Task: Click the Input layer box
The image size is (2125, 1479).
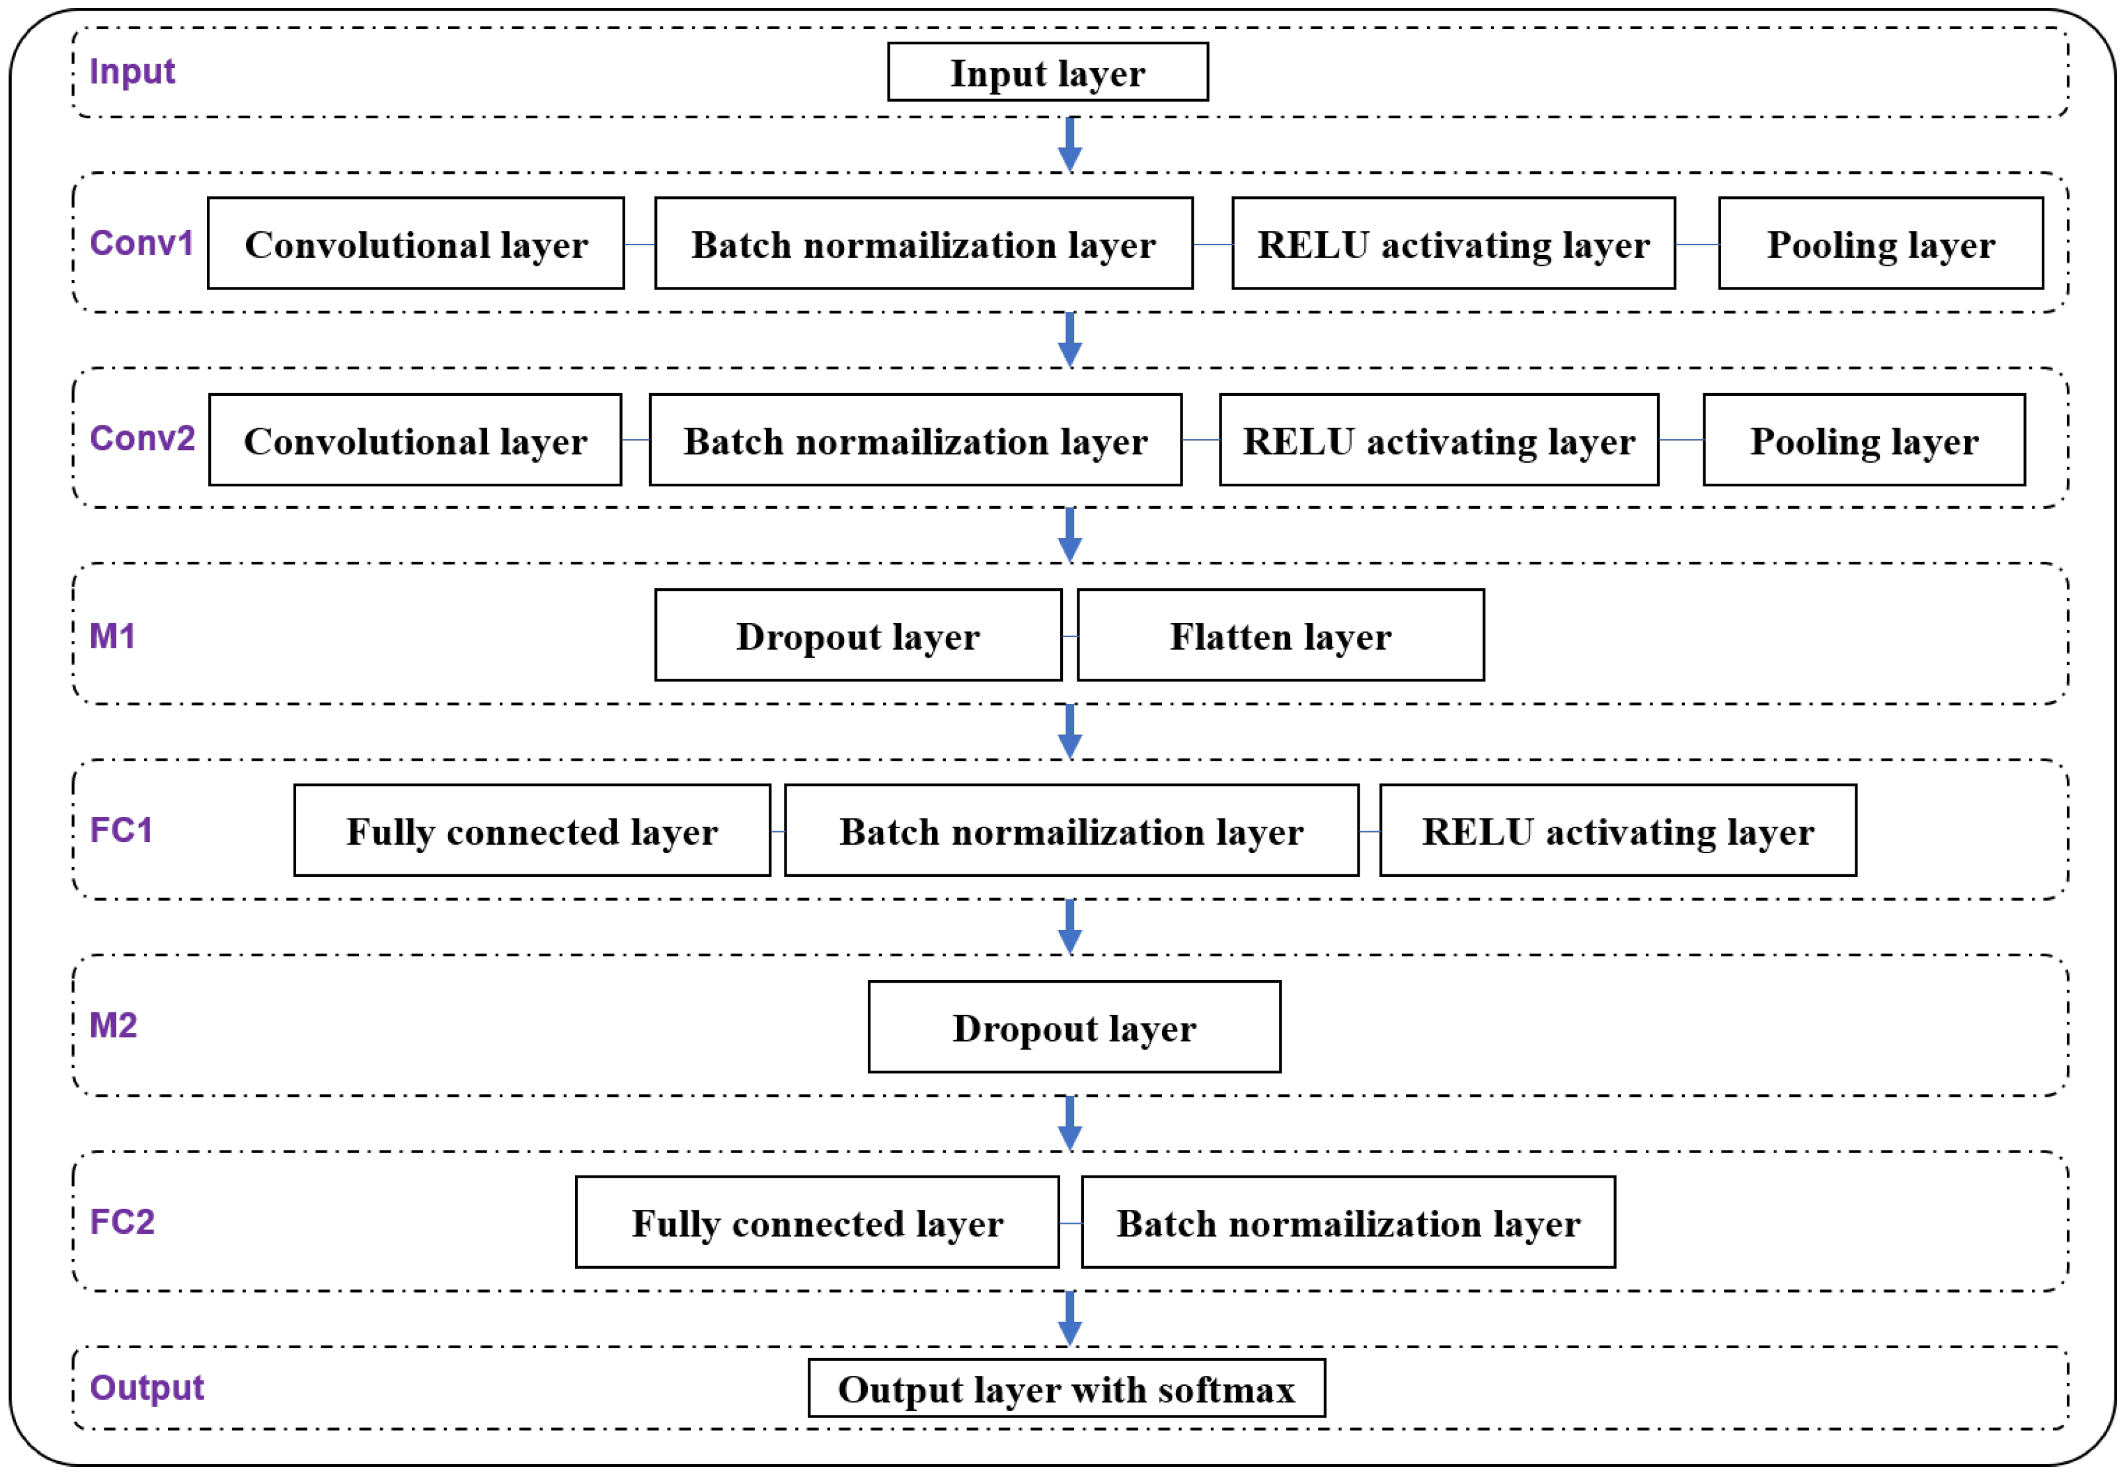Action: (1047, 72)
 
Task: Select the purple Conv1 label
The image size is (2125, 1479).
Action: (141, 243)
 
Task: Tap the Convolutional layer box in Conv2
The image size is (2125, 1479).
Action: (414, 441)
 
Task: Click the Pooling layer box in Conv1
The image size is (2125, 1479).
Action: (1880, 243)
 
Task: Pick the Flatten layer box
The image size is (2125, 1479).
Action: (1280, 636)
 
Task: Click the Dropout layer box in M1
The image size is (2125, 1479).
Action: (857, 636)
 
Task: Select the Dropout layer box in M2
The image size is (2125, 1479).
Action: (1073, 1028)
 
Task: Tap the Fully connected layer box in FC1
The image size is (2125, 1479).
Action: (531, 831)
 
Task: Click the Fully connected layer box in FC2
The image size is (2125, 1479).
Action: (816, 1223)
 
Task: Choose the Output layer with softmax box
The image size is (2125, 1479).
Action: (1066, 1388)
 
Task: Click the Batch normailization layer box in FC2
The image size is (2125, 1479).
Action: (1348, 1223)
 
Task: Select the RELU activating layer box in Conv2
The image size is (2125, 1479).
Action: (1438, 441)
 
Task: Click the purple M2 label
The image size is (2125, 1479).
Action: (113, 1024)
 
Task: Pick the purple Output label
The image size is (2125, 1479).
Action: (146, 1387)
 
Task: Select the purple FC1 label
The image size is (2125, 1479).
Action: (120, 829)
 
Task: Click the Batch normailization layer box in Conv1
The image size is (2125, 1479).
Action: (923, 243)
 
